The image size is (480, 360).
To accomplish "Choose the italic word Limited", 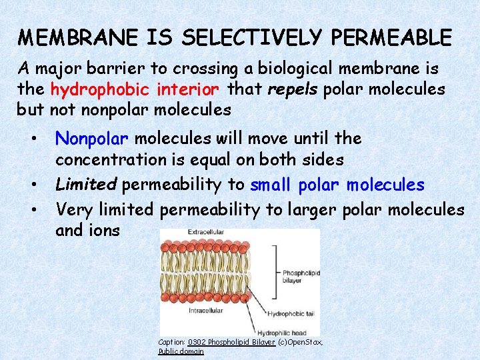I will pos(86,185).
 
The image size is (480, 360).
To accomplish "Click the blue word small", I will pos(272,185).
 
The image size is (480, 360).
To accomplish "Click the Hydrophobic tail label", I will pos(290,313).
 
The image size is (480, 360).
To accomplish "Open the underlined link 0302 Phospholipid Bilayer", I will pos(231,342).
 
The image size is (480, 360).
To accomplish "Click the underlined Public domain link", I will pos(181,351).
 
